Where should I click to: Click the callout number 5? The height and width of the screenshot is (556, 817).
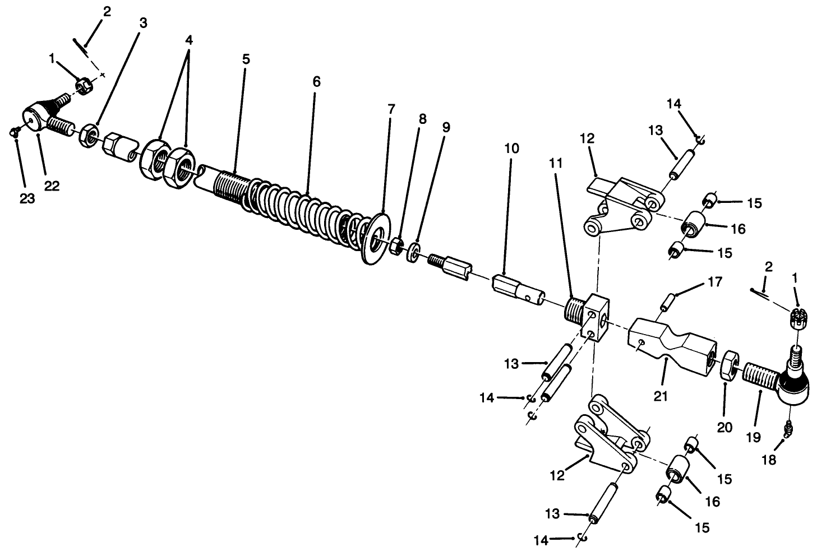pos(246,59)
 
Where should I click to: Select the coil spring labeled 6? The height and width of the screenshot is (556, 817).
pos(303,210)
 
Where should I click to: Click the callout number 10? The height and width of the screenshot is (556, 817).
pos(511,149)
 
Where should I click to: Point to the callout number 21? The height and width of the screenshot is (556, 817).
pos(661,396)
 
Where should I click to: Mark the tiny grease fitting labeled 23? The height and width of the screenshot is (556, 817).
pos(14,133)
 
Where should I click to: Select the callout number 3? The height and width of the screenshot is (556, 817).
pos(144,23)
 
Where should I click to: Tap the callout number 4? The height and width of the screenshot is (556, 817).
pos(189,40)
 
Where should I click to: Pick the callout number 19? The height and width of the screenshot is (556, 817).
pos(754,437)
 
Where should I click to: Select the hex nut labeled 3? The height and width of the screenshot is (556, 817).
pos(87,135)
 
